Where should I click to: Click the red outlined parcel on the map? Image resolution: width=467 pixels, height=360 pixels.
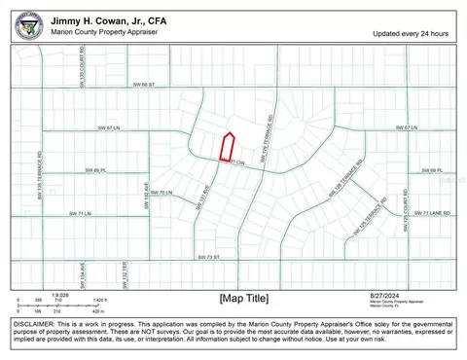pyautogui.click(x=228, y=147)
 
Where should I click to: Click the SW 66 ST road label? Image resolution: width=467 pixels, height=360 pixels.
pyautogui.click(x=144, y=86)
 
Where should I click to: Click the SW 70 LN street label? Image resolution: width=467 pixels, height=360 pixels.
pyautogui.click(x=162, y=193)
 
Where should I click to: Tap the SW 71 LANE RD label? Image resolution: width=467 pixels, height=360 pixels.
pyautogui.click(x=433, y=213)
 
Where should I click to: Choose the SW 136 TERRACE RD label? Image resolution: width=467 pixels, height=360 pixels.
pyautogui.click(x=40, y=168)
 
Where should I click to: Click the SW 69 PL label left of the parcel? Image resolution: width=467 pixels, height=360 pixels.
pyautogui.click(x=94, y=170)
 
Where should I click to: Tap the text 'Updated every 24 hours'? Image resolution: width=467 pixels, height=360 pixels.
pyautogui.click(x=411, y=33)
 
